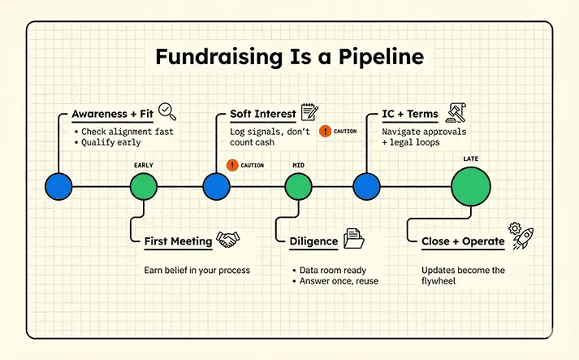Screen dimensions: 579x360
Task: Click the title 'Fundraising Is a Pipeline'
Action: coord(289,57)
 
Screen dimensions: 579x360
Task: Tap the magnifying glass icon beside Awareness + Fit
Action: coord(167,111)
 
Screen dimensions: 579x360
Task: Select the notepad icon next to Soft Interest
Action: coord(309,111)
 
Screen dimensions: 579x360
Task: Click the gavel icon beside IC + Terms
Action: coord(456,113)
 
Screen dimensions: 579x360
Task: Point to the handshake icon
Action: coord(228,240)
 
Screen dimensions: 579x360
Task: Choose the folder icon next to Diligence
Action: coord(354,238)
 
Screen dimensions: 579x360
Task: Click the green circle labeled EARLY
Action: coord(144,186)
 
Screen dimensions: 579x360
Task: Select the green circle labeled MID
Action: coord(298,186)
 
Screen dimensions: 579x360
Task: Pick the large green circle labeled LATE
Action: coord(471,186)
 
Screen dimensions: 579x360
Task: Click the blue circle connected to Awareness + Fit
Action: coord(58,186)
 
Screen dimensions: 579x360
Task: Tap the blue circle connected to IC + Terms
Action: coord(367,186)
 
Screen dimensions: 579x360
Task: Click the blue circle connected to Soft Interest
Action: coord(216,186)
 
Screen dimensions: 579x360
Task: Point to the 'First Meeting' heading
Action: coord(179,241)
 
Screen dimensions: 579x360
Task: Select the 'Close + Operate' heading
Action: coord(463,241)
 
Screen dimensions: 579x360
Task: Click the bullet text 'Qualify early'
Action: coord(110,142)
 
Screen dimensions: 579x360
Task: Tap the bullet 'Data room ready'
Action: coord(333,270)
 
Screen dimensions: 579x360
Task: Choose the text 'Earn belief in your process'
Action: coord(197,270)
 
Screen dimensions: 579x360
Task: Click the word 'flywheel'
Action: coord(439,281)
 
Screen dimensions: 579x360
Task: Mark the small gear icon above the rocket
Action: coord(515,228)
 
